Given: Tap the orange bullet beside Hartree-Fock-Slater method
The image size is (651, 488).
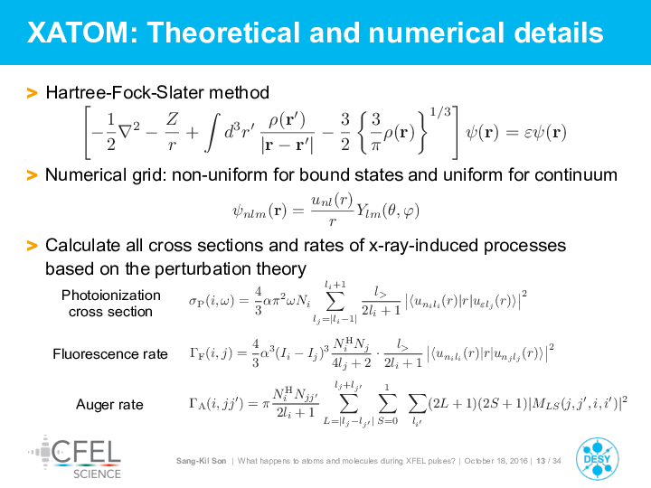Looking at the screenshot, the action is coord(32,93).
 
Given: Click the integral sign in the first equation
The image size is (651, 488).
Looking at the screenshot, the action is coord(212,133).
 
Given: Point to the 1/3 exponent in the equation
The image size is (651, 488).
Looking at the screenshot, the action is coord(440,112).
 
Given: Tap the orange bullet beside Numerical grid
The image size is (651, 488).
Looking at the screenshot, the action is coord(32,175).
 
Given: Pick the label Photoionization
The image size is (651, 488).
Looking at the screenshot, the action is coord(111,295).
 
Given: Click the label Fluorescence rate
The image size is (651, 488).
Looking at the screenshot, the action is coord(110,354).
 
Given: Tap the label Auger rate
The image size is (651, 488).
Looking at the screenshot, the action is coord(109,405).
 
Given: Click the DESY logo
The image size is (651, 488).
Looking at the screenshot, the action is coord(597,459).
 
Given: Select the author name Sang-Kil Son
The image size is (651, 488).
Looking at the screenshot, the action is coord(202,461).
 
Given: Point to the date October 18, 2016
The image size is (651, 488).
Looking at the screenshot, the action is coord(495,461).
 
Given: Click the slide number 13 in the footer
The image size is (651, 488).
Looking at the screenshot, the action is coord(541,461).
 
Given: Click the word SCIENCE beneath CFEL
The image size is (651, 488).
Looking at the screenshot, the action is coord(97,474).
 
